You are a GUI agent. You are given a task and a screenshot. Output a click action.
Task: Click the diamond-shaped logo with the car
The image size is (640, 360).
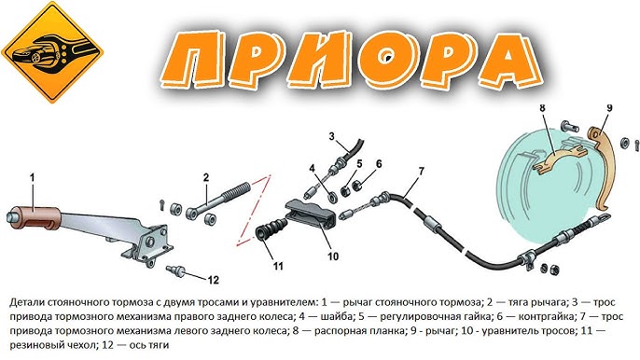point(52,52)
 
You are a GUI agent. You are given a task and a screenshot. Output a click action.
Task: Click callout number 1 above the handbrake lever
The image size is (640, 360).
point(33,177)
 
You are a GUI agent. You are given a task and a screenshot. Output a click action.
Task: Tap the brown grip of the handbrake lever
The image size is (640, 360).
point(39,218)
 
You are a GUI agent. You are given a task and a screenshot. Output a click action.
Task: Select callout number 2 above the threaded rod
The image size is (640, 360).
point(205,177)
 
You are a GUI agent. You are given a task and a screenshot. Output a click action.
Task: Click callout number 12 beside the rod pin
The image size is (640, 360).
point(213,280)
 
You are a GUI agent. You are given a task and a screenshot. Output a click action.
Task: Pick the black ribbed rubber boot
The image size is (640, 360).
point(271,229)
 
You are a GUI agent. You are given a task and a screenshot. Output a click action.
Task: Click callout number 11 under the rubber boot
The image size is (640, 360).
point(278,266)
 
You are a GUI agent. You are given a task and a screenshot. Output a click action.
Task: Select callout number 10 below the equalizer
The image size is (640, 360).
point(333,256)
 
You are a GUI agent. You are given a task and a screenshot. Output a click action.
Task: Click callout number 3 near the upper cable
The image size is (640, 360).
point(331,136)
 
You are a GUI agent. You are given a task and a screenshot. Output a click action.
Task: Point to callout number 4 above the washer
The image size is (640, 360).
point(312,169)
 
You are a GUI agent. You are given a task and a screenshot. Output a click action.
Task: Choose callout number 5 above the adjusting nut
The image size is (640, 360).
point(359,163)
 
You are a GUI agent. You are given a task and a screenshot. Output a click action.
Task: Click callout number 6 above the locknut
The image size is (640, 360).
point(379,163)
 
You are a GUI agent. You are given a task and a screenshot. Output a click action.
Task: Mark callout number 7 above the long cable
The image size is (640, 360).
point(422,172)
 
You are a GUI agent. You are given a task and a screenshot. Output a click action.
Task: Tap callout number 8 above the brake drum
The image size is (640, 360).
point(542,108)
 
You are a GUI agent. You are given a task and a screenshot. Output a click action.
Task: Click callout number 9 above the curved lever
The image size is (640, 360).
point(609,108)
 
